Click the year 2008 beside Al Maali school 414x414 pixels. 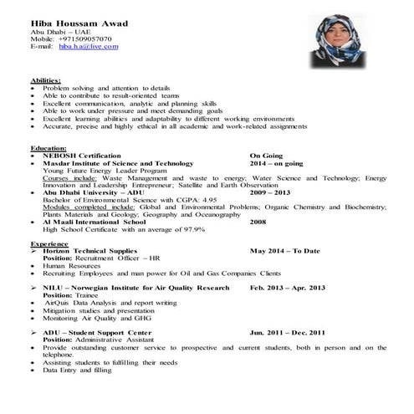[258, 222]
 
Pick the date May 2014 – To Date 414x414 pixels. [284, 251]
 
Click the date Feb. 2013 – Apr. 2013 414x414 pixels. [287, 288]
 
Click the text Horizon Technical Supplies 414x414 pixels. [89, 251]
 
